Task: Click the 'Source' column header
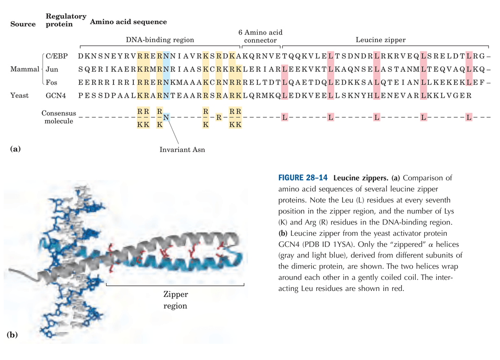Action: click(23, 24)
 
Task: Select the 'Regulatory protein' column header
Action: click(66, 20)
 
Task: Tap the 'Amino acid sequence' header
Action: click(128, 22)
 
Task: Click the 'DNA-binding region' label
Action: click(160, 40)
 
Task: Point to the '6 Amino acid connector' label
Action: click(260, 36)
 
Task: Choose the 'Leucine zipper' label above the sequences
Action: click(381, 40)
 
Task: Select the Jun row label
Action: click(51, 69)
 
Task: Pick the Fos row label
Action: click(51, 82)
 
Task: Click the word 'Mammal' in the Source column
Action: click(25, 69)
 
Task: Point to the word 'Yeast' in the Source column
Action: click(19, 95)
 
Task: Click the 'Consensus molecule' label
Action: click(59, 117)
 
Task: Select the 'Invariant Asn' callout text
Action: click(182, 150)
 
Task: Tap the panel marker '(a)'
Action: click(15, 149)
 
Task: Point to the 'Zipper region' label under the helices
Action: click(175, 300)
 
